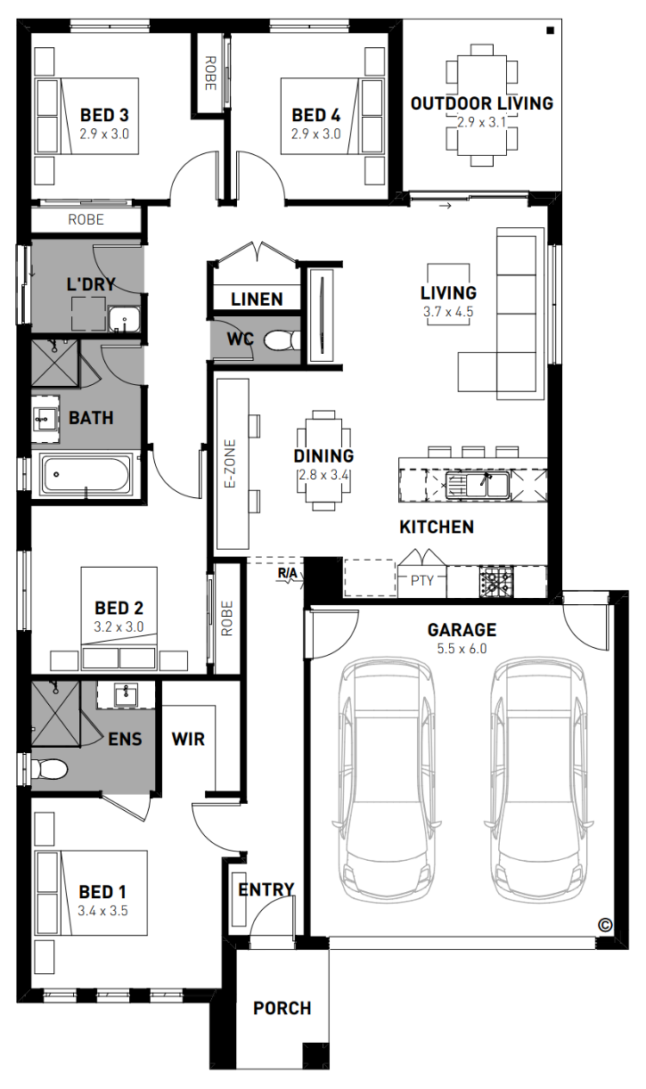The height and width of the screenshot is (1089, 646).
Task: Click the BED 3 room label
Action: (104, 115)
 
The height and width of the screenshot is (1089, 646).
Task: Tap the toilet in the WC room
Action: (282, 340)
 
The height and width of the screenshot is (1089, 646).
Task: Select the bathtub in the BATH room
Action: (86, 474)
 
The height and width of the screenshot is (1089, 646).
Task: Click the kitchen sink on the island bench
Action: (477, 485)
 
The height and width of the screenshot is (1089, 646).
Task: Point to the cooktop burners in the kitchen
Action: (496, 581)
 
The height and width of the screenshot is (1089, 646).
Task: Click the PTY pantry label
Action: (422, 580)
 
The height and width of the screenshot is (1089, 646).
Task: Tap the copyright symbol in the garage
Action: (605, 925)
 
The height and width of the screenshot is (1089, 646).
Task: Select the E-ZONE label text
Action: (230, 463)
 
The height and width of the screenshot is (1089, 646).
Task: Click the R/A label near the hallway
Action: (287, 573)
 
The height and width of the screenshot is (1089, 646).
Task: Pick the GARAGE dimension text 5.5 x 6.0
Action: (462, 649)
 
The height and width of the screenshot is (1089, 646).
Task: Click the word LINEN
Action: (257, 299)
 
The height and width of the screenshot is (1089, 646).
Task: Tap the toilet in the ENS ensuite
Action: (49, 770)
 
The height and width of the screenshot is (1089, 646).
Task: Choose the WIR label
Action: (188, 739)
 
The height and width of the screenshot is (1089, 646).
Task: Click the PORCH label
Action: (282, 1008)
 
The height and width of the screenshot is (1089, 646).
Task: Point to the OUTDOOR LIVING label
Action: (482, 103)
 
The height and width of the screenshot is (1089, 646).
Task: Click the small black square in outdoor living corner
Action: (550, 30)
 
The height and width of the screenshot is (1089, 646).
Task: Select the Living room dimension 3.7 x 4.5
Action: (448, 312)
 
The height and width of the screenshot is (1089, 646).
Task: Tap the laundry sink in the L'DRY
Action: (125, 320)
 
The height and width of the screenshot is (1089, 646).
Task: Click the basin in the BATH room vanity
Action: (45, 418)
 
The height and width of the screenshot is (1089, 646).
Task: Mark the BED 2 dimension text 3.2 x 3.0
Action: (119, 626)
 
